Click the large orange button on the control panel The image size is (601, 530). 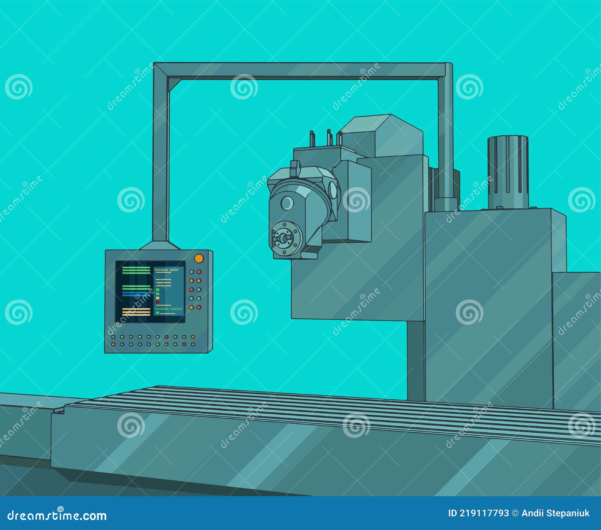[x=199, y=258]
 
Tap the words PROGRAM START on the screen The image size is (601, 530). [x=166, y=270]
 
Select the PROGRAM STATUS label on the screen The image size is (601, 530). [x=168, y=309]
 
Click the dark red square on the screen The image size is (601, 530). [x=158, y=302]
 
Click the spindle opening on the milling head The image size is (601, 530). [x=283, y=237]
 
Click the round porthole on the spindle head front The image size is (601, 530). [x=287, y=203]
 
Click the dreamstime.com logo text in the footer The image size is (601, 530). [x=57, y=515]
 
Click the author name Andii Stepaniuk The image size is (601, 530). [x=555, y=513]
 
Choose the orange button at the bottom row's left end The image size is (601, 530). [x=113, y=344]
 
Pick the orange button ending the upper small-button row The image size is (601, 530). [x=193, y=337]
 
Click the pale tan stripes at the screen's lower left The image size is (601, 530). [x=136, y=311]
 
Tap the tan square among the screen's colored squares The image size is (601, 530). [x=158, y=298]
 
